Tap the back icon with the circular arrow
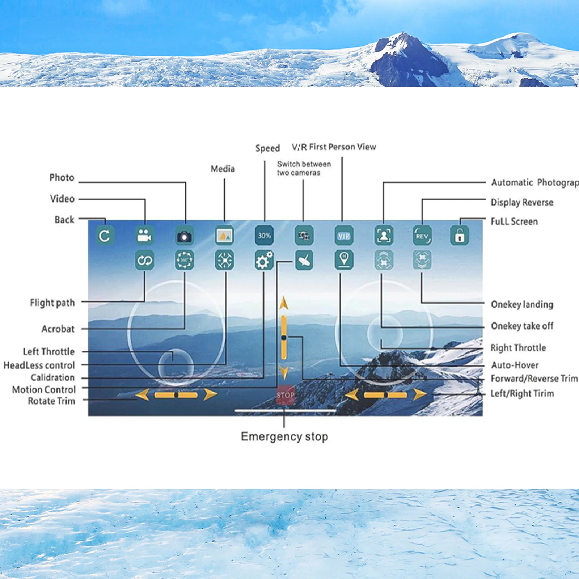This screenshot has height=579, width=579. coord(105,236)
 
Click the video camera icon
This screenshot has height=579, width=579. coord(145,236)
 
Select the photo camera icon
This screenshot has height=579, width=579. coord(185,236)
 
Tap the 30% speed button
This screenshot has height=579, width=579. coord(264,236)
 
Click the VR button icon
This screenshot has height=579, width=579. coord(344,236)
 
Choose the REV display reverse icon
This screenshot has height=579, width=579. coord(422,236)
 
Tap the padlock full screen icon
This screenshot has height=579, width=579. coord(460,236)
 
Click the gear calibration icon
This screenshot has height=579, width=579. coord(264,260)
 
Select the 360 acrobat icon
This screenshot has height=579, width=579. coord(185,260)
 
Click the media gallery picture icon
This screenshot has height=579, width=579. coord(224,236)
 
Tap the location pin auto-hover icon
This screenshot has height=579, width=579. coord(344,260)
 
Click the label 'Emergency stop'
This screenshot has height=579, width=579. coord(284,436)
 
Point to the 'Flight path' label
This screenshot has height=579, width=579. coord(52,303)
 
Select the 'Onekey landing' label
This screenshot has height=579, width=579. coord(522,304)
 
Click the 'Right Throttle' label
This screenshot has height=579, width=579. coord(518,348)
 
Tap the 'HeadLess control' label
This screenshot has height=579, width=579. coord(39,365)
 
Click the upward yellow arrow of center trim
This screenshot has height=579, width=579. coord(284,303)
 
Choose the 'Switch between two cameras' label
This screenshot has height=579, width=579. coord(304,168)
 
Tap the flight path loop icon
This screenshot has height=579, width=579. coord(145,260)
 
